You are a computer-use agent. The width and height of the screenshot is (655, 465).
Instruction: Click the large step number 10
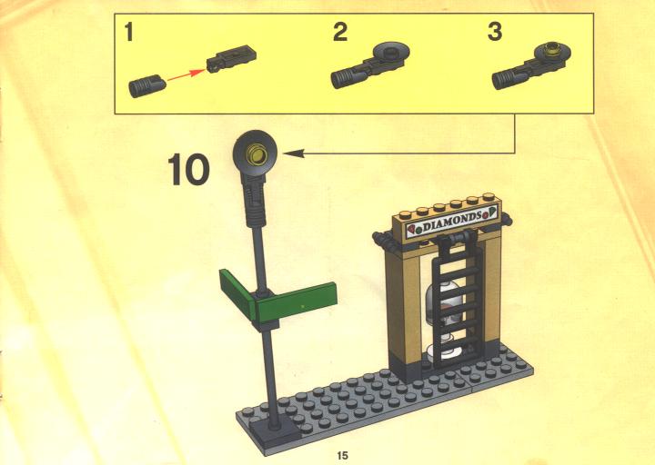click(188, 169)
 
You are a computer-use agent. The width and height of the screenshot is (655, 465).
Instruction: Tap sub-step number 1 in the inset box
click(128, 32)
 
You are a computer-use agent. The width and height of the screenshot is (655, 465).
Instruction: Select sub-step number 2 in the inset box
click(340, 32)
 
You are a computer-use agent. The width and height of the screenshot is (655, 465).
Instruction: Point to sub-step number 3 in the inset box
click(495, 32)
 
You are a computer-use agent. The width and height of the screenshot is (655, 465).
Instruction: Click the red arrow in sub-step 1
click(186, 75)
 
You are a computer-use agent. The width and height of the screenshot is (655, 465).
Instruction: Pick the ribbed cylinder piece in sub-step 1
click(147, 86)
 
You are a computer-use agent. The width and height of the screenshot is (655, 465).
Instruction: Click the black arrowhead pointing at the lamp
click(293, 153)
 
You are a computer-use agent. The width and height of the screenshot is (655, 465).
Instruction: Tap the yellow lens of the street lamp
click(256, 153)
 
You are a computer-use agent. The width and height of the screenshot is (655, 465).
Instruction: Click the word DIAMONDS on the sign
click(452, 222)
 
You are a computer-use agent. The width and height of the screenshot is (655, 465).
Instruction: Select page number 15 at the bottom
click(342, 455)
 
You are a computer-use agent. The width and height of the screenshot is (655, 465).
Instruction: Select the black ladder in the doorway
click(457, 299)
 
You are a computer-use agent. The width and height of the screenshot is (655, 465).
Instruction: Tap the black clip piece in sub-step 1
click(231, 59)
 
